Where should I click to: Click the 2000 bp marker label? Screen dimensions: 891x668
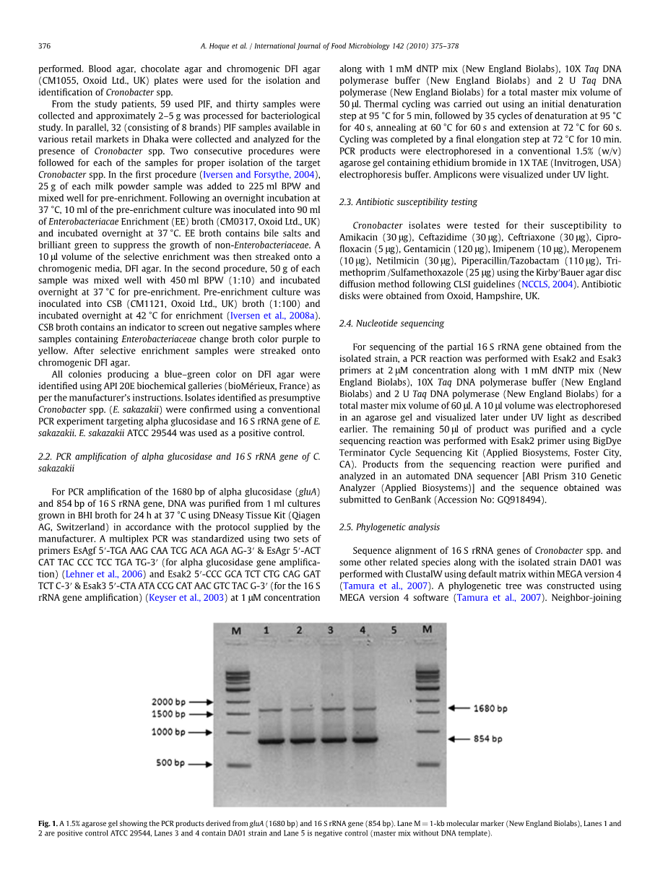point(168,701)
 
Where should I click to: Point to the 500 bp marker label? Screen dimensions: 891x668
point(170,762)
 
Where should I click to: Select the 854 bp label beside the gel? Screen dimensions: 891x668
point(487,739)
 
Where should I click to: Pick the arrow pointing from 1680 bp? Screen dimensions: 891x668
point(459,708)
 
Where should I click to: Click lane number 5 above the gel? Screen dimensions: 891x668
point(394,630)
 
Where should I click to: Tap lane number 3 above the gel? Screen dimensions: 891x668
point(330,630)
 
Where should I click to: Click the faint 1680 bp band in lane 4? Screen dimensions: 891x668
point(364,709)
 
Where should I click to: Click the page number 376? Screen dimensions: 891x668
point(44,45)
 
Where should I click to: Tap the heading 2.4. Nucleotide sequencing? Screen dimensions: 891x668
point(391,323)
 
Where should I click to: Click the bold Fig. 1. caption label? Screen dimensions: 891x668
point(48,823)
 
